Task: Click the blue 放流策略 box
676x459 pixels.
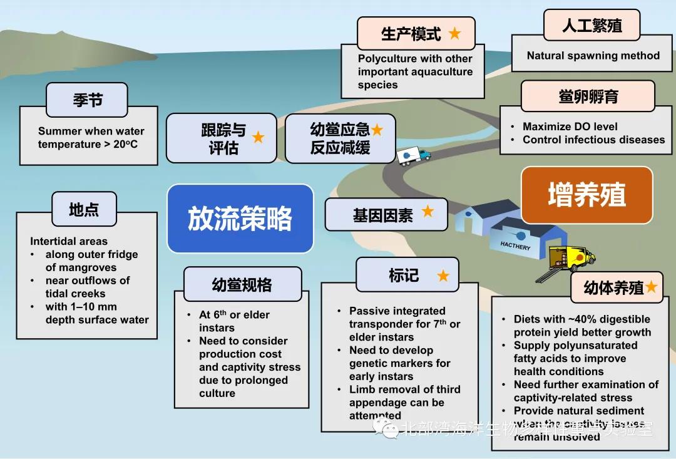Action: click(240, 219)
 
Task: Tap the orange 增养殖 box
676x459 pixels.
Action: click(586, 195)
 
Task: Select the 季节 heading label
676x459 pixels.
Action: click(87, 100)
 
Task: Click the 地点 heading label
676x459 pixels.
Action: click(84, 209)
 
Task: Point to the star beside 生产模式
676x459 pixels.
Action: click(454, 34)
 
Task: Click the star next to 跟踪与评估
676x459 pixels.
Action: click(258, 137)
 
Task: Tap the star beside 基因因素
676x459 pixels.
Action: click(428, 212)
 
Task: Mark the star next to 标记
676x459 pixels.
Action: click(443, 276)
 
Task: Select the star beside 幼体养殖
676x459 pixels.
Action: click(651, 287)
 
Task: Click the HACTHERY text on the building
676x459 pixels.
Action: click(515, 246)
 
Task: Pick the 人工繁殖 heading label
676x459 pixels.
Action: click(591, 26)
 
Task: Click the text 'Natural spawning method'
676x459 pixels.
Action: click(593, 56)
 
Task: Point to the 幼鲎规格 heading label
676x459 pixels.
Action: click(242, 284)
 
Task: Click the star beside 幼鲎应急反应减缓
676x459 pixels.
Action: click(377, 130)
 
